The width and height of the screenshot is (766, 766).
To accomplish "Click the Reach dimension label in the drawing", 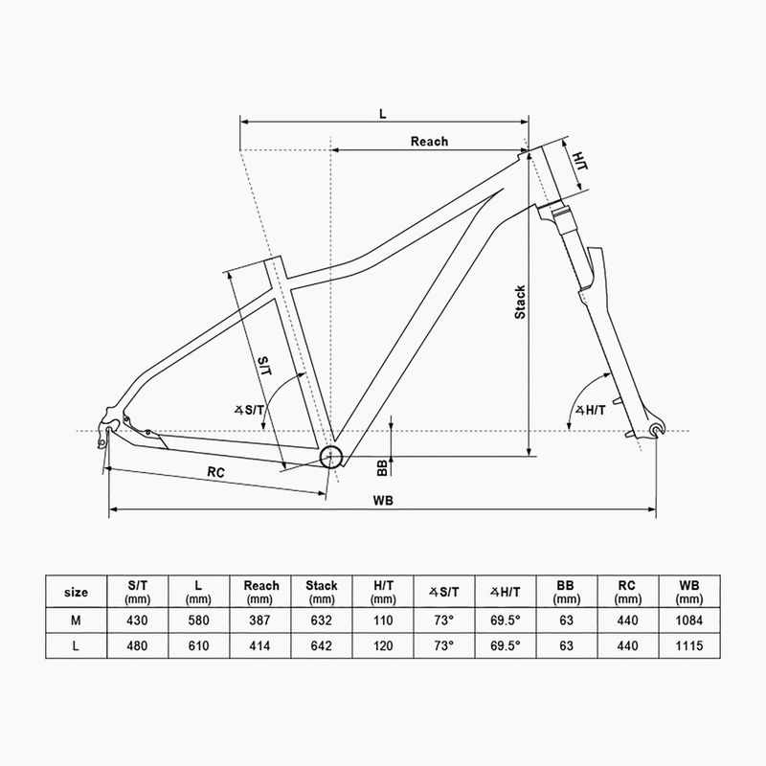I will [x=429, y=141].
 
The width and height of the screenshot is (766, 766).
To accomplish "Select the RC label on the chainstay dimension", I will [x=215, y=471].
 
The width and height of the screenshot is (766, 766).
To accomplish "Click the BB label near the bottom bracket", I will [x=382, y=465].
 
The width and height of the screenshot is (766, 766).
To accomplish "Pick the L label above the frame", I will [x=382, y=113].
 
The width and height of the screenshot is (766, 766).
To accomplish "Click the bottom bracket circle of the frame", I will [x=332, y=455].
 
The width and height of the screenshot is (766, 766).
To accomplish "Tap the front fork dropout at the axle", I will [x=655, y=428].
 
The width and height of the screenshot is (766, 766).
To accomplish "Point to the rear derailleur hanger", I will [x=104, y=436].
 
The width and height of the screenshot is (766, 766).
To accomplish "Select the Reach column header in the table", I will [x=260, y=591].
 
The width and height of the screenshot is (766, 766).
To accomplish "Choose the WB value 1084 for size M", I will [x=689, y=620].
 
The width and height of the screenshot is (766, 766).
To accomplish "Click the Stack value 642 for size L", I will [x=322, y=646].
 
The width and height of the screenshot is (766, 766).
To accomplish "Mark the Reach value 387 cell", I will [x=260, y=620].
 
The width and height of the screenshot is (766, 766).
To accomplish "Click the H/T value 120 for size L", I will [x=383, y=646].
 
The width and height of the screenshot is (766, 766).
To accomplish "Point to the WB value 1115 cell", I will [x=689, y=646].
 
